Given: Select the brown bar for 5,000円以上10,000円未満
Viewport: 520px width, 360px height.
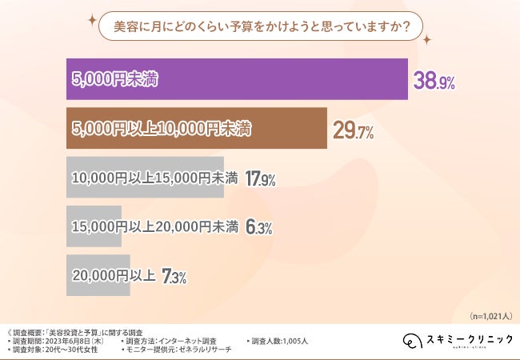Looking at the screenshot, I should click(x=196, y=129).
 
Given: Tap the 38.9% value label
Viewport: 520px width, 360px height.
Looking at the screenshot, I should click(x=434, y=80).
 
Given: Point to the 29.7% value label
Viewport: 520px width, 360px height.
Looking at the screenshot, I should click(x=354, y=130).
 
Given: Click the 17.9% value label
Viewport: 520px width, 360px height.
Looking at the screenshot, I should click(x=260, y=179).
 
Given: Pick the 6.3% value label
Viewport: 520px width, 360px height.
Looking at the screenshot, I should click(x=258, y=228).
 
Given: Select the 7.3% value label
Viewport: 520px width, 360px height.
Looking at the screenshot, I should click(x=174, y=277).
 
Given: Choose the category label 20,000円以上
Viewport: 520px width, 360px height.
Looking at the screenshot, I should click(x=113, y=277).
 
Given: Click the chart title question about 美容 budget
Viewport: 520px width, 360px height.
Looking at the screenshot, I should click(x=260, y=26).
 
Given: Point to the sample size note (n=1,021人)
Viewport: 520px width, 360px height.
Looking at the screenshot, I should click(x=491, y=315).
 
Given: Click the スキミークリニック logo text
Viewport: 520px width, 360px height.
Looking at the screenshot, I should click(x=469, y=339).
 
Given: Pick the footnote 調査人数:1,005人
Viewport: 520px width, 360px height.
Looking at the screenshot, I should click(x=279, y=341).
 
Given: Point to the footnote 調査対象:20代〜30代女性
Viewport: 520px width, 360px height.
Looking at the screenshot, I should click(x=57, y=350).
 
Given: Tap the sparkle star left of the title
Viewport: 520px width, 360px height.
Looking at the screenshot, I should click(x=92, y=18).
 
